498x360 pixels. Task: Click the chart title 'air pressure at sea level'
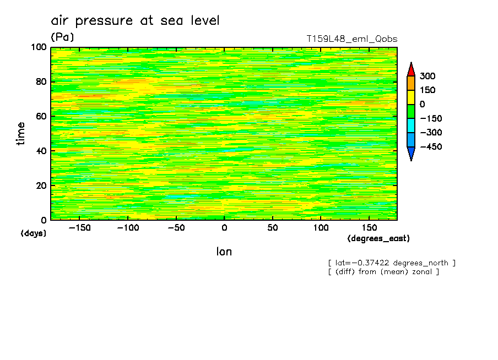tap(135, 21)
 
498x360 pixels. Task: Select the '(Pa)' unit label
tap(62, 37)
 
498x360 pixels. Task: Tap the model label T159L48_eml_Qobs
tap(351, 39)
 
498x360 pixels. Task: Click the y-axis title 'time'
tap(21, 134)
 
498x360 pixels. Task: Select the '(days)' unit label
tap(34, 233)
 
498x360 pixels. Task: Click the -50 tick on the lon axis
tap(176, 227)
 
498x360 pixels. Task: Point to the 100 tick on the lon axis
tap(321, 227)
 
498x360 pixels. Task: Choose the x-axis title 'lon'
tap(224, 252)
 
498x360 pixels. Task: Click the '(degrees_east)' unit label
tap(378, 238)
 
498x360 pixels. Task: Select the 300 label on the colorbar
tap(427, 76)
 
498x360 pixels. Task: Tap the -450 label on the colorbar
tap(430, 147)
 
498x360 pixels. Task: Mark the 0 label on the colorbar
tap(423, 104)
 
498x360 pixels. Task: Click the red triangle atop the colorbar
tap(410, 69)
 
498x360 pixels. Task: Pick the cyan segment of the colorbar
tap(410, 126)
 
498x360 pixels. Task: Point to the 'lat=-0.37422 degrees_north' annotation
tap(392, 263)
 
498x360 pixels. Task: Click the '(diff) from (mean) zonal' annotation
tap(383, 271)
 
